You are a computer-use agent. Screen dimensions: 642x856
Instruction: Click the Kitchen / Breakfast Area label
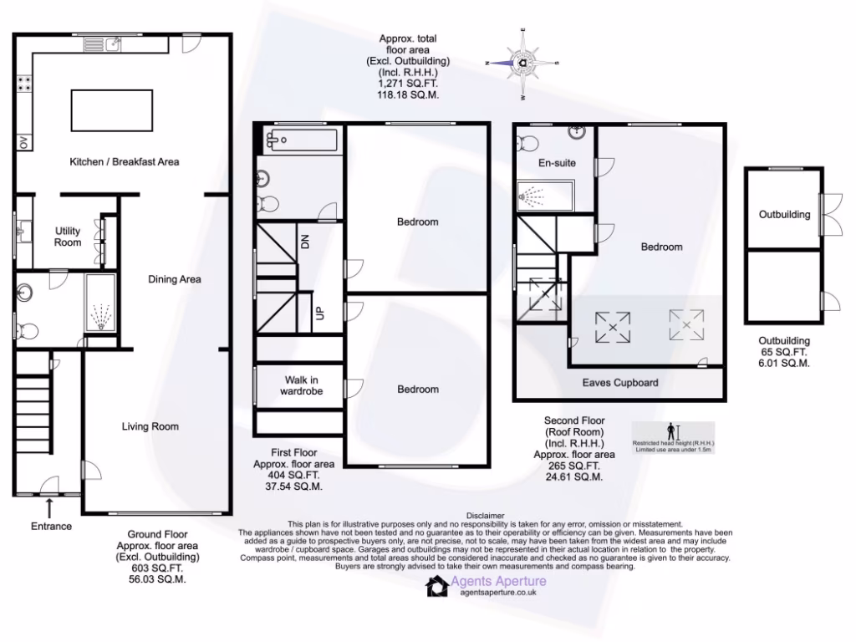(124, 161)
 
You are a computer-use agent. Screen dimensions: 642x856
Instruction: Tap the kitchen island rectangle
(112, 111)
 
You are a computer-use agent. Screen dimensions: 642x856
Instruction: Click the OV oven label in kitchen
(23, 143)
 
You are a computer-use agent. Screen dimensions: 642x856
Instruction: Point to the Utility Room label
(68, 237)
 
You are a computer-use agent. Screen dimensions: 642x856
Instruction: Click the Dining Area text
(175, 279)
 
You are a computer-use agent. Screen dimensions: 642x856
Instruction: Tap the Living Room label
(150, 426)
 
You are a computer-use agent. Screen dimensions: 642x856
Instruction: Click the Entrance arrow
(50, 507)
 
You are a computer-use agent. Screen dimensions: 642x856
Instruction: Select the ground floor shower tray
(100, 302)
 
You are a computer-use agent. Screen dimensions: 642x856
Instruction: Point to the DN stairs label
(305, 243)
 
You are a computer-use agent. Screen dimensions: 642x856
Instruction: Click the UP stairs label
(318, 313)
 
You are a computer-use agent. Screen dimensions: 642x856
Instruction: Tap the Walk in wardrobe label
(301, 385)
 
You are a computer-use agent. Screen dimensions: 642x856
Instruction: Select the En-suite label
(556, 163)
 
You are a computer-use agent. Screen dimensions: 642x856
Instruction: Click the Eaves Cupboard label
(620, 383)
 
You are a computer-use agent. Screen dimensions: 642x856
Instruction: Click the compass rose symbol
(522, 63)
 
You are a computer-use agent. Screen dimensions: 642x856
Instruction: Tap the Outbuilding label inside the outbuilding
(784, 214)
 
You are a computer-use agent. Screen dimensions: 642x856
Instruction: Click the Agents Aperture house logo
(436, 587)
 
